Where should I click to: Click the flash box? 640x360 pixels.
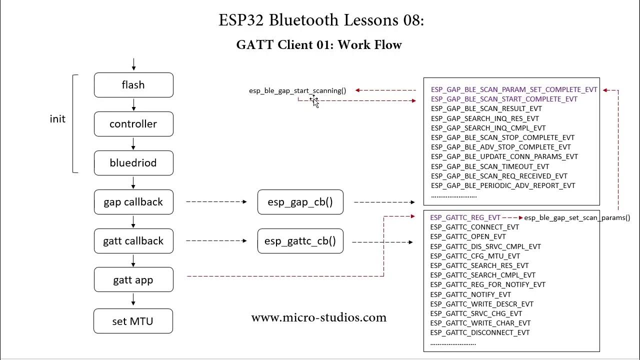click(x=133, y=85)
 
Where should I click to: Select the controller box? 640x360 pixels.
click(x=133, y=124)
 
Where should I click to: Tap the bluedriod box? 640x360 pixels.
click(x=133, y=163)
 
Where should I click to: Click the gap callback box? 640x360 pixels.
click(x=133, y=202)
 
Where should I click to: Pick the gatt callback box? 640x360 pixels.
click(x=133, y=241)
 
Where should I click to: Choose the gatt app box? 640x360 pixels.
click(x=133, y=280)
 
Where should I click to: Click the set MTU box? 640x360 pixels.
click(x=133, y=321)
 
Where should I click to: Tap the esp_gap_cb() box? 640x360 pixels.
click(x=300, y=202)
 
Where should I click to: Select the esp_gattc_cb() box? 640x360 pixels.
click(x=300, y=241)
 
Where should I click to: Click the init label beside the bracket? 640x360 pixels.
click(x=57, y=119)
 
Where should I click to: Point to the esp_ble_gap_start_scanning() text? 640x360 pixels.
click(x=297, y=90)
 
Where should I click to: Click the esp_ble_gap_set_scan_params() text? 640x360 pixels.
click(x=577, y=217)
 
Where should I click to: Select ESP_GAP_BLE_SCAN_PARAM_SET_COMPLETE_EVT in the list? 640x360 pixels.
click(x=514, y=89)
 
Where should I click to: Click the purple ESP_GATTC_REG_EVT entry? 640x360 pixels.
click(x=465, y=217)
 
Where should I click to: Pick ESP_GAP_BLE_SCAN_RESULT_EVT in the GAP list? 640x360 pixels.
click(x=486, y=108)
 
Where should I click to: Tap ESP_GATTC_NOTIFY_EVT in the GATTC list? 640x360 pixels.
click(x=470, y=294)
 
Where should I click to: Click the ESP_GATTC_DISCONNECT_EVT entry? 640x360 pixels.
click(x=479, y=332)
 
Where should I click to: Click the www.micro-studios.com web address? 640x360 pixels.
click(x=319, y=317)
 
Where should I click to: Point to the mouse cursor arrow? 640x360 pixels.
click(x=314, y=101)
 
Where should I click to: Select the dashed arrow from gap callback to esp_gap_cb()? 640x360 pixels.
click(x=216, y=202)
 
